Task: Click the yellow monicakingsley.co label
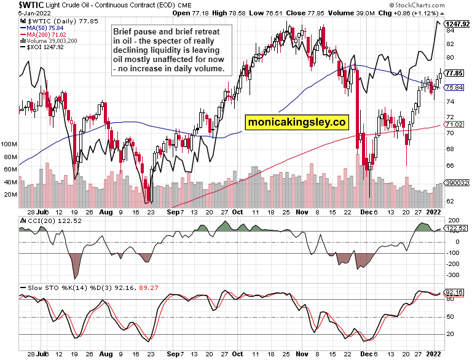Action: (297, 122)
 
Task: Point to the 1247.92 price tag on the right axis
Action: (457, 23)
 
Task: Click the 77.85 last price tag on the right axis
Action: (455, 73)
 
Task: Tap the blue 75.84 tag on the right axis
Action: (455, 88)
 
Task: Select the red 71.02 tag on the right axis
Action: (455, 125)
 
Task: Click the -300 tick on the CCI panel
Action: (453, 275)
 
